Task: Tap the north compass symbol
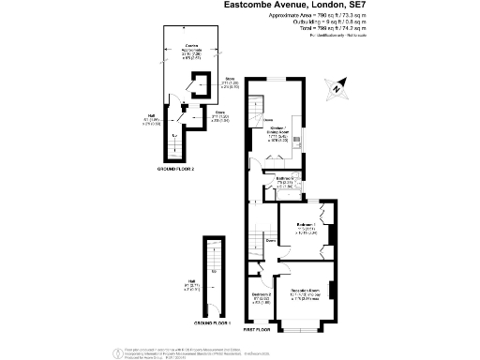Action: [337, 89]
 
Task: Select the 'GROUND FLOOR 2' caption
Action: [176, 169]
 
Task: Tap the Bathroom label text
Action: [287, 178]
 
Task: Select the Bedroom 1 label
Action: [307, 225]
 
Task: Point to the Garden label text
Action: [191, 46]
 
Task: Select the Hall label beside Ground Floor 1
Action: [191, 282]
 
